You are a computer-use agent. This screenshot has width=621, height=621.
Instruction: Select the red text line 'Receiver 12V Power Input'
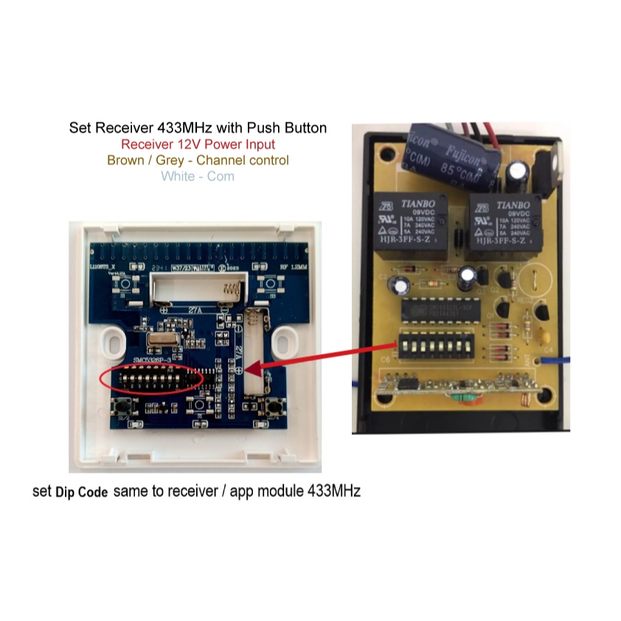click(x=198, y=145)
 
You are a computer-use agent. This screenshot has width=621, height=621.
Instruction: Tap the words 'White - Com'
click(x=198, y=176)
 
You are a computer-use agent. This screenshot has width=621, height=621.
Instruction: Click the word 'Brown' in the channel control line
click(x=125, y=160)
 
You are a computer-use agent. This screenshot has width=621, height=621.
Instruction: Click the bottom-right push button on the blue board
click(x=276, y=406)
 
